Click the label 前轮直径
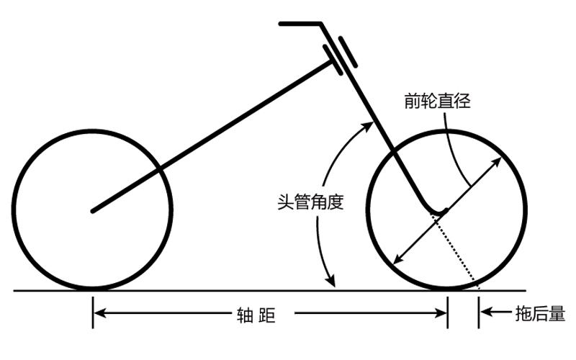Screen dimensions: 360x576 pyautogui.click(x=437, y=102)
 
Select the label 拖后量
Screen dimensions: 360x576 pyautogui.click(x=540, y=313)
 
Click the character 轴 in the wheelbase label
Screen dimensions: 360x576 pyautogui.click(x=243, y=314)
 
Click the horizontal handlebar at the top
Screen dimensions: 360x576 pyautogui.click(x=300, y=24)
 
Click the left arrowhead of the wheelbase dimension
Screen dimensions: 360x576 pyautogui.click(x=99, y=313)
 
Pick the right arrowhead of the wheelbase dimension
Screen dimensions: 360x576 pyautogui.click(x=442, y=313)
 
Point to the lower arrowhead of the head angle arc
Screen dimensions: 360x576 pyautogui.click(x=332, y=282)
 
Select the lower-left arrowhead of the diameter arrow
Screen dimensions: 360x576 pyautogui.click(x=394, y=260)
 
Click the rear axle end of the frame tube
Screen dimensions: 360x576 pyautogui.click(x=93, y=211)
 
